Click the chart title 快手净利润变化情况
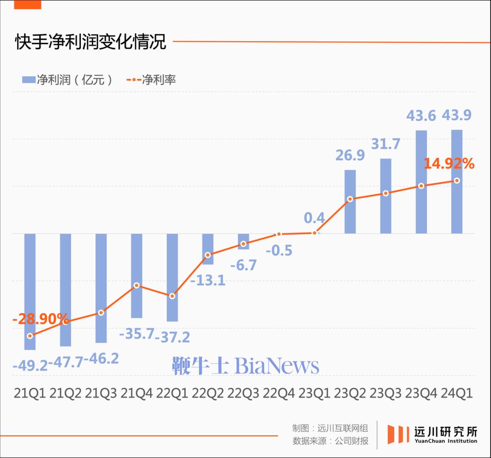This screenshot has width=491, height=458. pyautogui.click(x=90, y=42)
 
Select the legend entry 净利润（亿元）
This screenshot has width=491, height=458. pyautogui.click(x=67, y=80)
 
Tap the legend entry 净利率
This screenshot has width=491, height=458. pyautogui.click(x=151, y=80)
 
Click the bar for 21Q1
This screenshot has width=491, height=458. pyautogui.click(x=30, y=291)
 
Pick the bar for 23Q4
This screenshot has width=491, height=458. pyautogui.click(x=421, y=182)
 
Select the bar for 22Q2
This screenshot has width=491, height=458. pyautogui.click(x=208, y=249)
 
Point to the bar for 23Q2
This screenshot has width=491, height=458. pyautogui.click(x=350, y=202)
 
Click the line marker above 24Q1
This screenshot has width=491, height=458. pyautogui.click(x=457, y=181)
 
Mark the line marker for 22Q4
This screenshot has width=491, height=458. pyautogui.click(x=279, y=234)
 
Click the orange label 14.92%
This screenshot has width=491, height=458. pyautogui.click(x=449, y=163)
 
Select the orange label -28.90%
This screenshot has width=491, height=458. pyautogui.click(x=40, y=319)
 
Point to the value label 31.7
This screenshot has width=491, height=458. pyautogui.click(x=386, y=144)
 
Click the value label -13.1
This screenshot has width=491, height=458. pyautogui.click(x=207, y=280)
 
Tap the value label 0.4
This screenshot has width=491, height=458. pyautogui.click(x=315, y=218)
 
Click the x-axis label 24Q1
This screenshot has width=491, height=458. pyautogui.click(x=457, y=393)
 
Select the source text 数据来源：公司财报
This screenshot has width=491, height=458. pyautogui.click(x=331, y=441)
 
